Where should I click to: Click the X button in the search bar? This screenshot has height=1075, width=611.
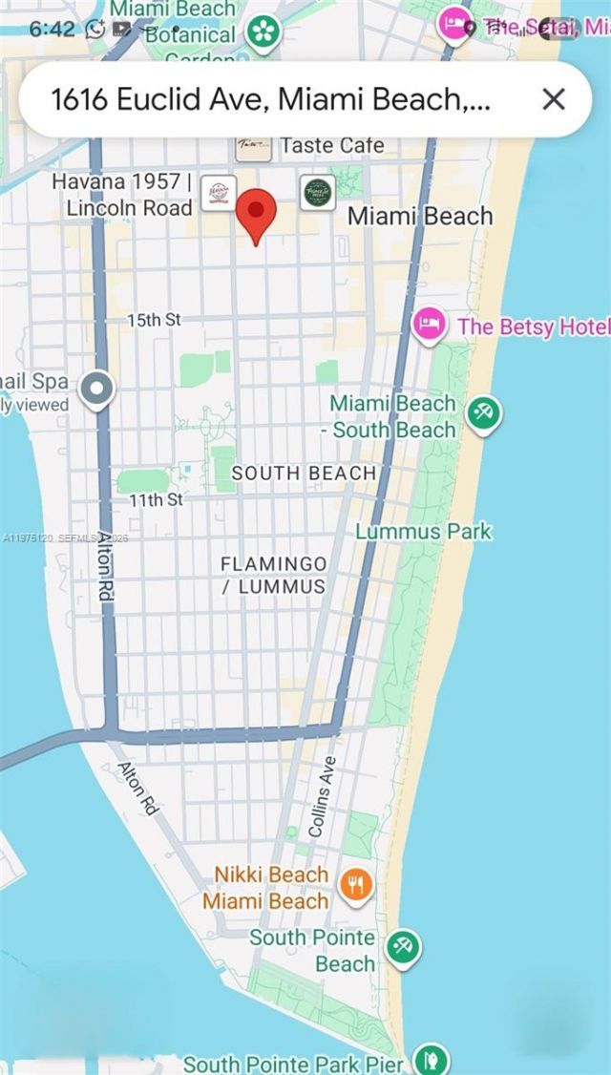pyautogui.click(x=553, y=99)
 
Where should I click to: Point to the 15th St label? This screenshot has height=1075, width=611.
pyautogui.click(x=154, y=321)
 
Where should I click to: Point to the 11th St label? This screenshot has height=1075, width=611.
pyautogui.click(x=156, y=499)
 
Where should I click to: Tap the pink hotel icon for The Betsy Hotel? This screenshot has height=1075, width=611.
pyautogui.click(x=429, y=326)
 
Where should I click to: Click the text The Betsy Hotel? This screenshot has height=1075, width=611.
pyautogui.click(x=532, y=327)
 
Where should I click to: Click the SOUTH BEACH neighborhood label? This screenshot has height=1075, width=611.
pyautogui.click(x=304, y=473)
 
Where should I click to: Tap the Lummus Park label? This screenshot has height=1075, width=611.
pyautogui.click(x=423, y=532)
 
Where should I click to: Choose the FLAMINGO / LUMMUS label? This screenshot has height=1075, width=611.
pyautogui.click(x=274, y=575)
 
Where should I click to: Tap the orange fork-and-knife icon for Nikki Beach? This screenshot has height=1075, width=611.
pyautogui.click(x=357, y=885)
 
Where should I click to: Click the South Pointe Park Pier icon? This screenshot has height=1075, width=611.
pyautogui.click(x=432, y=1060)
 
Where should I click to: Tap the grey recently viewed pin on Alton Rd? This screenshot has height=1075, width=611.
pyautogui.click(x=96, y=389)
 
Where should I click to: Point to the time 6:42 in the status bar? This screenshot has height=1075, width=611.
pyautogui.click(x=52, y=29)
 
